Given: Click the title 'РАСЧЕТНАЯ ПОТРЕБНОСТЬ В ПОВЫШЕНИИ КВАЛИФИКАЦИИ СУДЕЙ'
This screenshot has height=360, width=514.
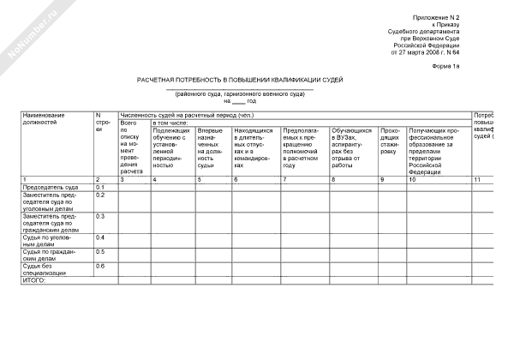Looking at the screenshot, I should tap(240, 79).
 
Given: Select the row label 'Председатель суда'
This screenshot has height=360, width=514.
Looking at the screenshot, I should tap(51, 187).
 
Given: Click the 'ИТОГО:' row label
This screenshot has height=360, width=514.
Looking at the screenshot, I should tap(33, 280).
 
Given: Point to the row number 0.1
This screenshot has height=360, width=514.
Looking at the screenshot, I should tap(100, 187).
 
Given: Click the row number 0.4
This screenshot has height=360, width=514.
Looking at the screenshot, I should tap(100, 237).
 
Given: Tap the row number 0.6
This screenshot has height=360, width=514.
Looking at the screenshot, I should tap(100, 266).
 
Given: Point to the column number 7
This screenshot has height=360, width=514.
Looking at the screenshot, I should tap(284, 179).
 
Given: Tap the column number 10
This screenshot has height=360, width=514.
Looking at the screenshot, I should tap(414, 179).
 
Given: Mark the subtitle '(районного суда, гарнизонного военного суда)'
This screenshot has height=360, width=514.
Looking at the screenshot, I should tap(240, 93).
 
